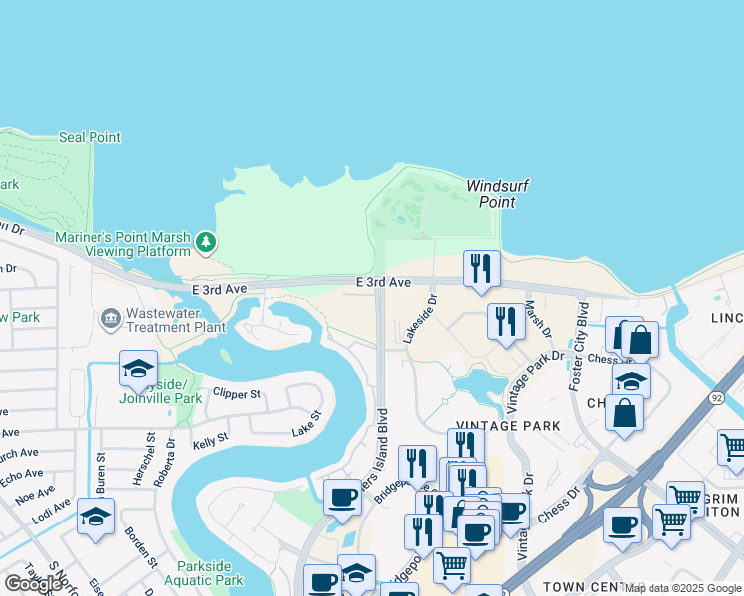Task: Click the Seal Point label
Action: point(90,137)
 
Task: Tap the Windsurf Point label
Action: point(491,194)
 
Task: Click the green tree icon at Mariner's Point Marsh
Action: point(206,241)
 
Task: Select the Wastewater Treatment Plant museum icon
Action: point(110,319)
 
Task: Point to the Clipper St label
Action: point(236,394)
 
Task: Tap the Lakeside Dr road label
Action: point(418,319)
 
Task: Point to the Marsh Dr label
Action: point(538,324)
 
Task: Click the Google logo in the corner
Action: point(33,584)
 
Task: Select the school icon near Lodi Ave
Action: point(95,517)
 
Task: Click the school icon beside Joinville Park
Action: point(138,369)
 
